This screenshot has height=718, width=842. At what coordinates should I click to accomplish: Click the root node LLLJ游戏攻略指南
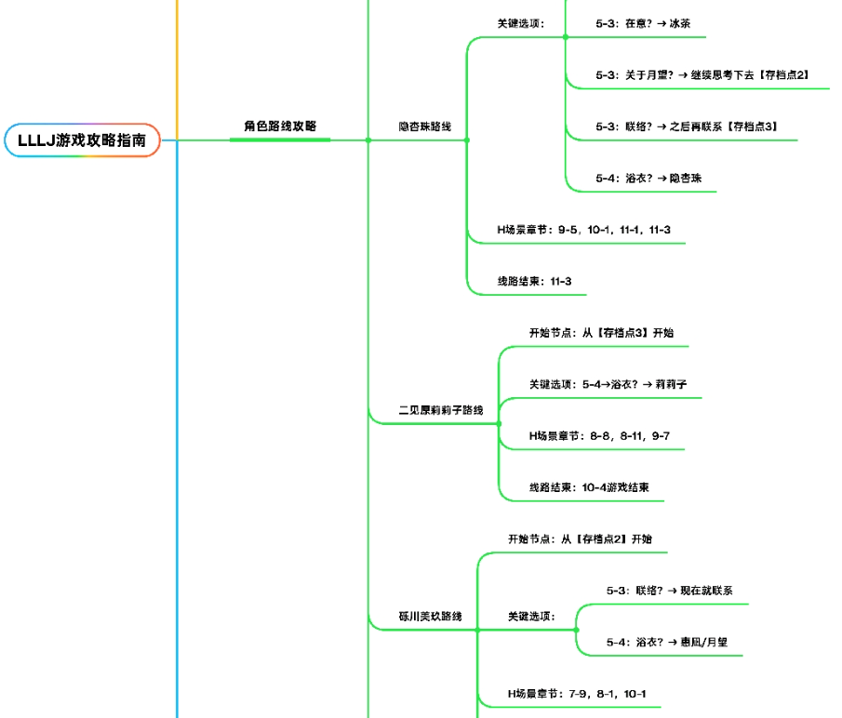tap(82, 140)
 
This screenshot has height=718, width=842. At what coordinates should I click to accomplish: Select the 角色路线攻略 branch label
tap(280, 126)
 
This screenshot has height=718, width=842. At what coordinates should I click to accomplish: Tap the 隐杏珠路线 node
tap(424, 126)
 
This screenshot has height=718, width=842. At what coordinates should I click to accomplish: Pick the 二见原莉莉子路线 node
tap(440, 409)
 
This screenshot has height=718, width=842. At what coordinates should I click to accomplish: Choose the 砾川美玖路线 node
tap(430, 616)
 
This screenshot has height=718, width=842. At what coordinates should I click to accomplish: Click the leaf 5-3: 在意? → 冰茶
tap(641, 24)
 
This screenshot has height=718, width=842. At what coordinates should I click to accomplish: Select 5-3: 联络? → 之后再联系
tap(687, 126)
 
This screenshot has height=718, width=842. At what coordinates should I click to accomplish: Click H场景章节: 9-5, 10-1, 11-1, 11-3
tap(583, 229)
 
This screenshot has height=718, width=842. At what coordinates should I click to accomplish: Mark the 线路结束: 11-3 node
tap(534, 281)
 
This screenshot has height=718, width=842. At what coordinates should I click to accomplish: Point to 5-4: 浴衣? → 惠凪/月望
tap(666, 642)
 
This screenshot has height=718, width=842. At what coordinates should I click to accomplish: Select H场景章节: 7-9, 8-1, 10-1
tap(577, 693)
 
